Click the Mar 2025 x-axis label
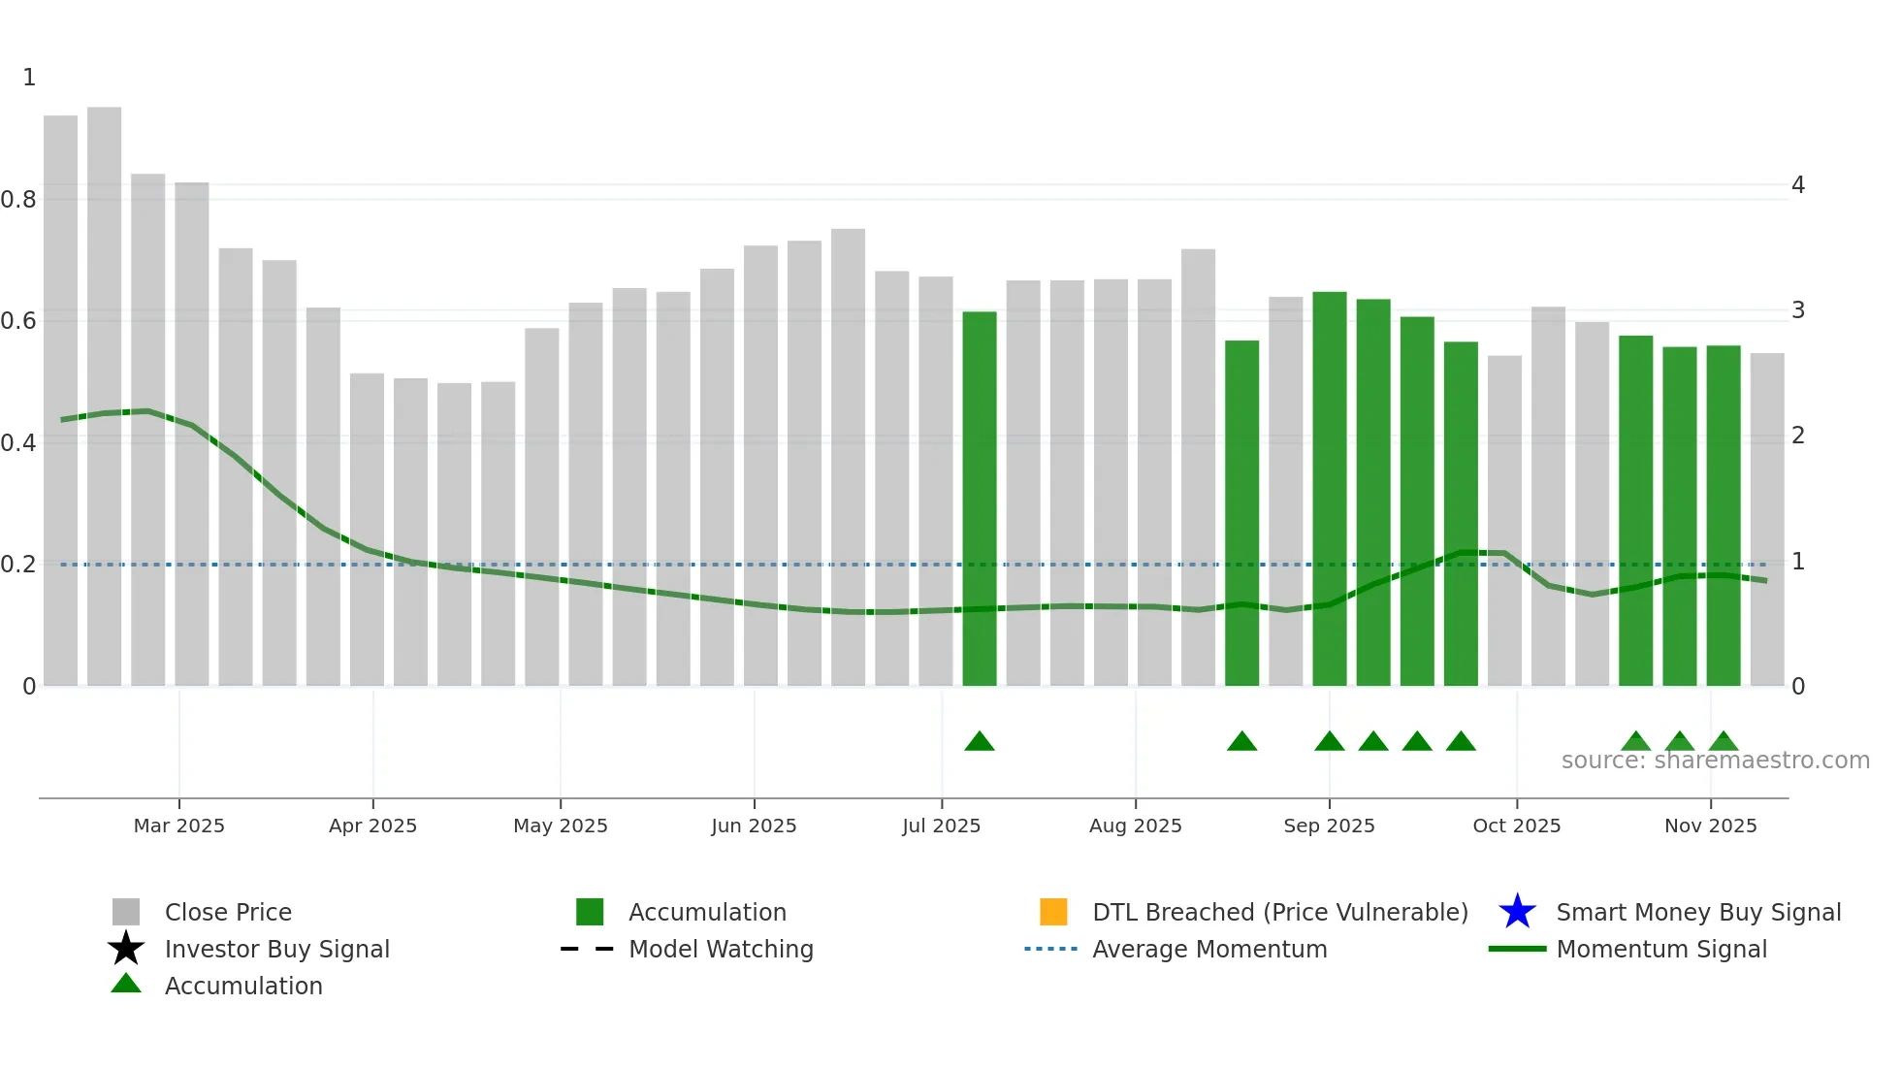tap(178, 826)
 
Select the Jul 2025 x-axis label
tap(941, 826)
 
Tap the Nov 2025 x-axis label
tap(1710, 826)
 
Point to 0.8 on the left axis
tap(19, 200)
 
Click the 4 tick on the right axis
tap(1797, 185)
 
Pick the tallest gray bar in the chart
tap(104, 388)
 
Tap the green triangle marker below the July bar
tap(980, 742)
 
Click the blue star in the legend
tap(1517, 912)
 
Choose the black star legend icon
tap(126, 949)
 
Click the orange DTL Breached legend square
tap(1053, 912)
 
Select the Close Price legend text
tap(228, 912)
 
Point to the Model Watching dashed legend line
tap(587, 949)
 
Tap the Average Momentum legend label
tap(1209, 949)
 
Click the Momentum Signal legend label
tap(1661, 949)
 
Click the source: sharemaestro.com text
tap(1715, 761)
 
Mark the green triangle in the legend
tap(126, 984)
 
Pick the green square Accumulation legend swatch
tap(590, 912)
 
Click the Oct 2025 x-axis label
tap(1516, 826)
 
